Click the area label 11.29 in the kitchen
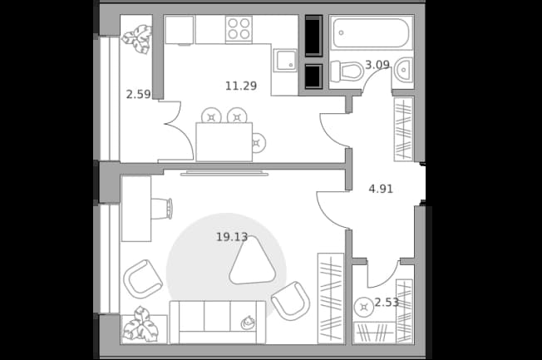coord(241,86)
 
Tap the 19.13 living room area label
coord(232,237)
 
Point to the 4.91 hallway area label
coord(381,189)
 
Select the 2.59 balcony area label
coord(138,94)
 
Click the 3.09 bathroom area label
coord(377,64)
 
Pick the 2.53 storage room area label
coord(387,303)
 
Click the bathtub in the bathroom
coord(372,32)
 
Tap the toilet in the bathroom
coord(347,72)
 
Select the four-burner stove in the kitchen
coord(239,29)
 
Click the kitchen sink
coord(285,60)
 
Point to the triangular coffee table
coord(252,261)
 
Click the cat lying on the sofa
coord(248,323)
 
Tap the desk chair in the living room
coord(162,209)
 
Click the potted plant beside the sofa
coord(141,325)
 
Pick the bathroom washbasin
coord(403,70)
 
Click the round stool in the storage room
coord(363,307)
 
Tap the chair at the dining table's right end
coord(259,142)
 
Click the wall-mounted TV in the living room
coord(224,173)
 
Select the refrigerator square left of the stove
coord(179,30)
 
